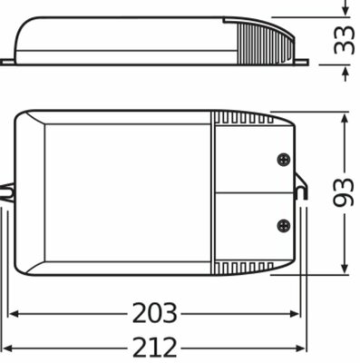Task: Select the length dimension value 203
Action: pos(154,314)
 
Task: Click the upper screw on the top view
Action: pos(284,158)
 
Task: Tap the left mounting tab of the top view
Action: pos(7,192)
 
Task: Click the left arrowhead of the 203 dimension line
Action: pos(14,314)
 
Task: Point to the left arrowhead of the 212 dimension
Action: pos(6,348)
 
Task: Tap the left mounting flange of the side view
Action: pos(7,63)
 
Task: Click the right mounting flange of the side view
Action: pos(301,63)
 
